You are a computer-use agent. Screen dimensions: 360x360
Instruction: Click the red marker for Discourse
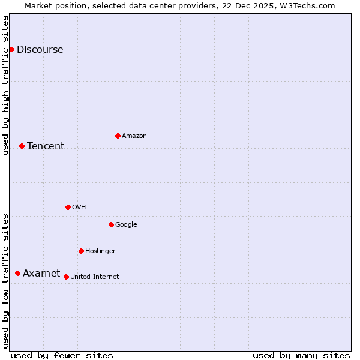click(11, 49)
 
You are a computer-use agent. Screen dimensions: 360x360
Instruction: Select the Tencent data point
click(22, 146)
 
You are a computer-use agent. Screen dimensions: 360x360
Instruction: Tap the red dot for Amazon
click(118, 136)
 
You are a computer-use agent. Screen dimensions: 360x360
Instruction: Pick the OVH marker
click(68, 207)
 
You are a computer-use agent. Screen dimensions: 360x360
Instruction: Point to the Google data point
click(111, 224)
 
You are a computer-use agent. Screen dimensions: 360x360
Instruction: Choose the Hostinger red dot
click(81, 251)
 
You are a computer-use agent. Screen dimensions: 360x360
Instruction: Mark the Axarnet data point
click(17, 273)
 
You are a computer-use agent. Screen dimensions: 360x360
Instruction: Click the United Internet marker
click(66, 277)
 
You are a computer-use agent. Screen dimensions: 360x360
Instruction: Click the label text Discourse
click(40, 50)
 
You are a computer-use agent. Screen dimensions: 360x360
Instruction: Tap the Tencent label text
click(46, 146)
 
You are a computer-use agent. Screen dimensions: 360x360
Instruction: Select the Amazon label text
click(134, 136)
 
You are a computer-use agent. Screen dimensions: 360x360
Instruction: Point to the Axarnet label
click(41, 274)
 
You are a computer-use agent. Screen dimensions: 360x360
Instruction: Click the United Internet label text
click(95, 277)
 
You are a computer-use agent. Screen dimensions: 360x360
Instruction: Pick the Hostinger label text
click(100, 251)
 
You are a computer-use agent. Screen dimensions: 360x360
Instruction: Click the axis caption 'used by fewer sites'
click(62, 355)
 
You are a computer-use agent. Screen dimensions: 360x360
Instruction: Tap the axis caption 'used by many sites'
click(301, 355)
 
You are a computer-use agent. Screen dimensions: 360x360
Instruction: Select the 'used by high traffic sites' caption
click(6, 85)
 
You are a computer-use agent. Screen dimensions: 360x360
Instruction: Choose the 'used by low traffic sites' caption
click(6, 281)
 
